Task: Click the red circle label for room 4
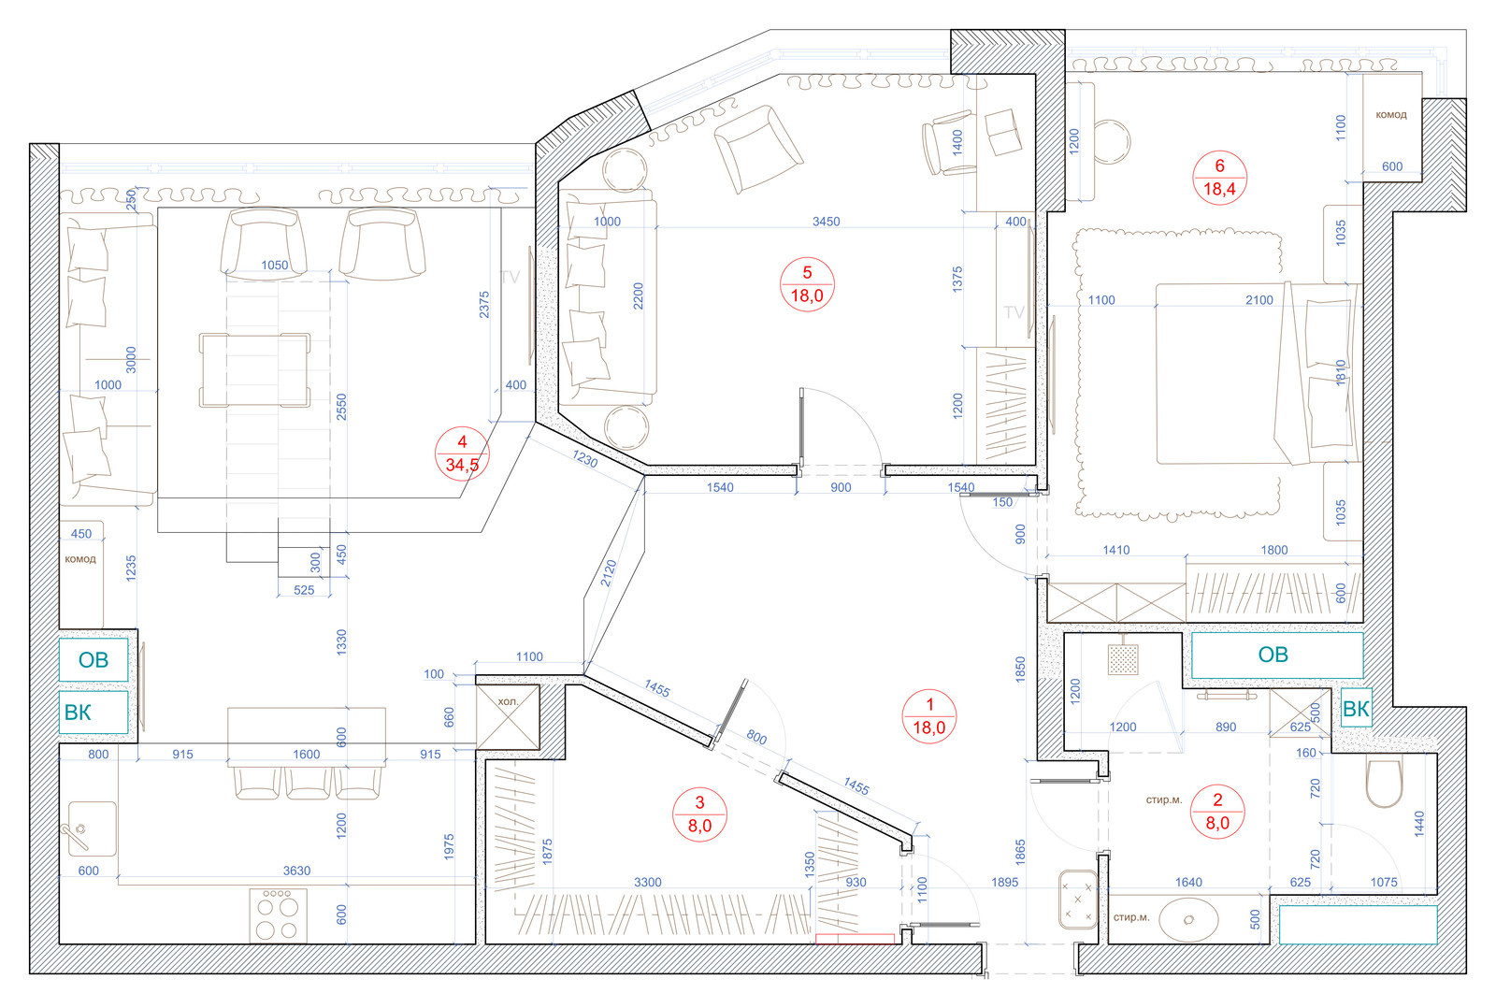coord(462,454)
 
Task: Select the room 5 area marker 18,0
coord(807,284)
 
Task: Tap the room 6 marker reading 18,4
coord(1219,178)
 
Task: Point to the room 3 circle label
coord(699,814)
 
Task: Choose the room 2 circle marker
coord(1217,812)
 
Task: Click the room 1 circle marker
coord(929,716)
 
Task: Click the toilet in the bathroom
coord(1385,782)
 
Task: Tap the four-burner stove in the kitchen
coord(279,915)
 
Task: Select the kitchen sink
coord(93,829)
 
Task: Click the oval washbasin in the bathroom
coord(1188,920)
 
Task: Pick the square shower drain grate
coord(1123,659)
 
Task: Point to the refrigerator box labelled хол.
coord(508,717)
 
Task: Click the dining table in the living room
coord(254,370)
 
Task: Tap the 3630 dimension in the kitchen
coord(296,871)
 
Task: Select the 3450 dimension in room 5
coord(827,221)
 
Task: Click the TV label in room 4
coord(510,277)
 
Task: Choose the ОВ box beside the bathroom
coord(1277,655)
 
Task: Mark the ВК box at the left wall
coord(93,713)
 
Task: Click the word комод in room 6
coord(1391,114)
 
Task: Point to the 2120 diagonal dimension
coord(609,573)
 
